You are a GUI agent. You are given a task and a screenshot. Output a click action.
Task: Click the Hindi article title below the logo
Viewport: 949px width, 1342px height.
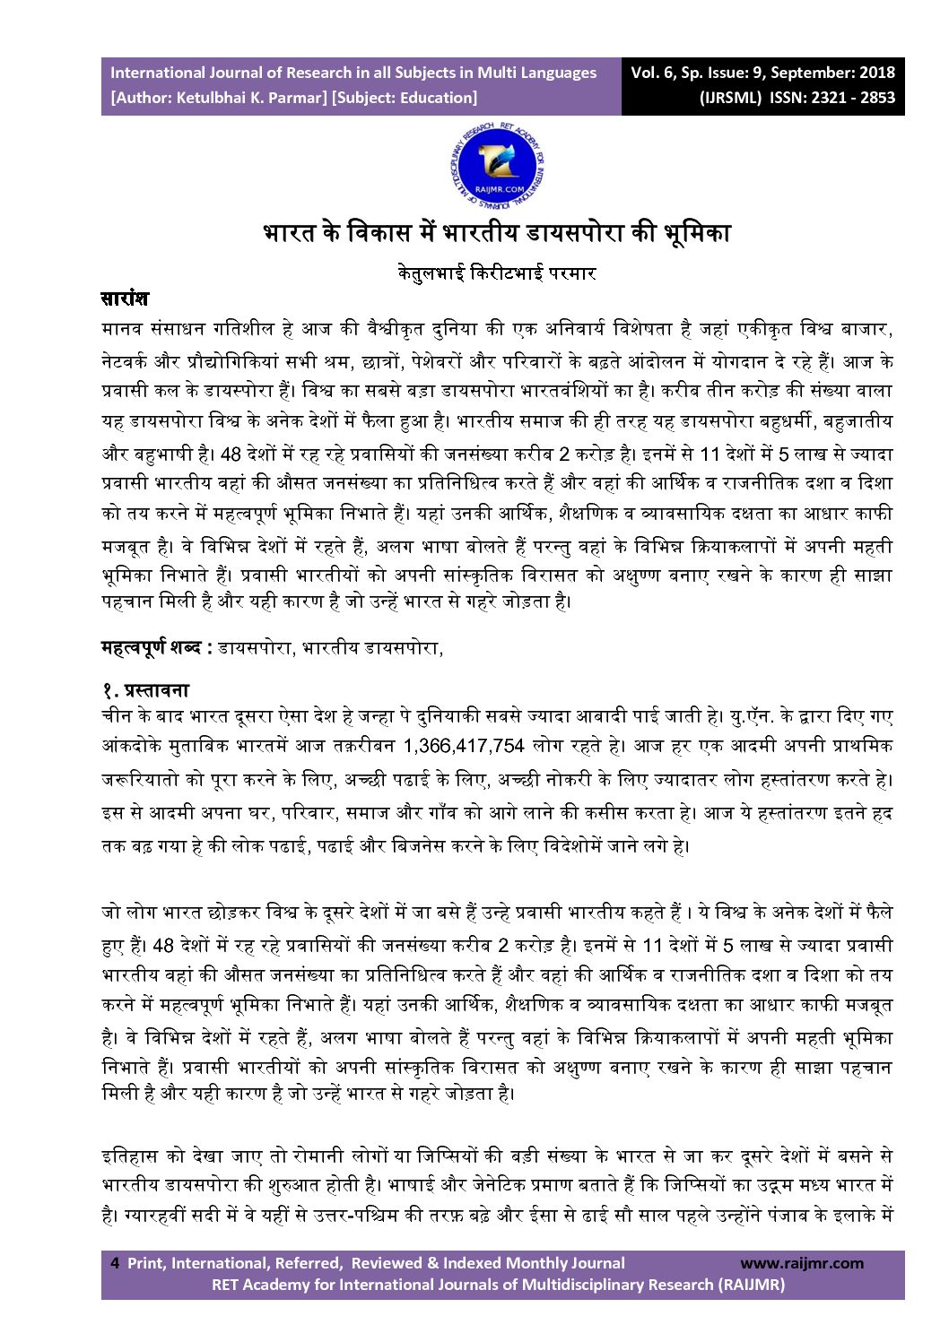tap(497, 233)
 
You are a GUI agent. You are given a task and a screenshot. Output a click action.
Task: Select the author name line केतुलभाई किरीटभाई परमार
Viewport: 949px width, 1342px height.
tap(497, 273)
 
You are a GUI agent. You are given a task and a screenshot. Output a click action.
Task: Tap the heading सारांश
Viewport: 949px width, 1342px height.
tap(125, 299)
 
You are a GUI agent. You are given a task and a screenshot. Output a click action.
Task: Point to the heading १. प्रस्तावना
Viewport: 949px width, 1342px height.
tap(145, 690)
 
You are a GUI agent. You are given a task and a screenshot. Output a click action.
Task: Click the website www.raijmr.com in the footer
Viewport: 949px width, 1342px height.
tap(801, 1263)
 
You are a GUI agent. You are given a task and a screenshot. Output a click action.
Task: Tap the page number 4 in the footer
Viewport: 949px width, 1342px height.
tap(115, 1263)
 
